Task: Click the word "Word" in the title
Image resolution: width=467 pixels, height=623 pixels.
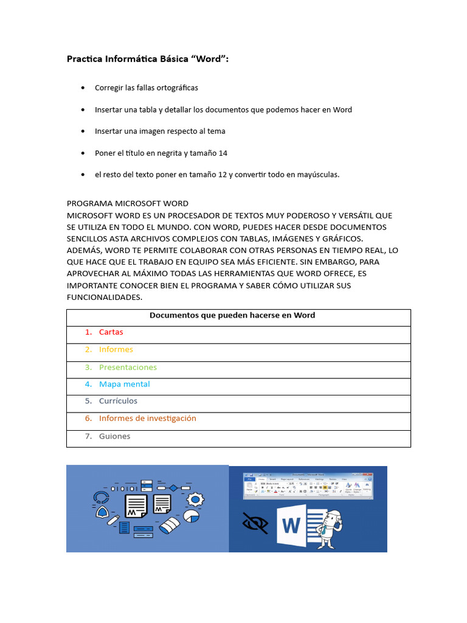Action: [x=209, y=59]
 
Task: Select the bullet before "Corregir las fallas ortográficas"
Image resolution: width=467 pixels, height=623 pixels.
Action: [x=83, y=88]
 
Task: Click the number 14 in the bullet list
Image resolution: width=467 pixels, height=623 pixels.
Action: [x=223, y=153]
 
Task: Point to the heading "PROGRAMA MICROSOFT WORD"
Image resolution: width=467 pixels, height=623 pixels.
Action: [x=127, y=204]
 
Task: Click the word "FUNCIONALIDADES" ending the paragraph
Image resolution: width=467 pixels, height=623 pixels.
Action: [x=104, y=297]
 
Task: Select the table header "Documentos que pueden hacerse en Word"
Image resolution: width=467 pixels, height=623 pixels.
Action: [x=232, y=315]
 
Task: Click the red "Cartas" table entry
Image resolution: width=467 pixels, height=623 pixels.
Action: [x=111, y=332]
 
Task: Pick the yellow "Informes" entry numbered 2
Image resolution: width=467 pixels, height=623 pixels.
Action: [x=116, y=350]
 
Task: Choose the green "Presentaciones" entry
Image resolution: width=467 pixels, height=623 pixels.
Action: [x=128, y=367]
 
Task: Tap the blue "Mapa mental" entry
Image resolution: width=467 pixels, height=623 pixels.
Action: [x=124, y=385]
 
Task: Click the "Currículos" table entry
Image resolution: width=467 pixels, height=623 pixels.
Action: [x=118, y=402]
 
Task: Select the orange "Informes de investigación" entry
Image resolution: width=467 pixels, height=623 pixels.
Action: [x=147, y=419]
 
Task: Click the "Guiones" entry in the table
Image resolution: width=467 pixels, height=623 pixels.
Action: [x=114, y=436]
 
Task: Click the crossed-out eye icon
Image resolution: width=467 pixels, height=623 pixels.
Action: [x=255, y=523]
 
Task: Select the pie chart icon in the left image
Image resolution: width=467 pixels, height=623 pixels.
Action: [x=192, y=517]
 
